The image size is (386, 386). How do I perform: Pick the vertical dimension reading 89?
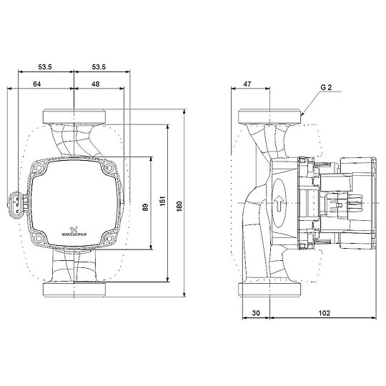coord(145,207)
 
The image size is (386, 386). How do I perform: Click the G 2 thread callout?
coord(326,86)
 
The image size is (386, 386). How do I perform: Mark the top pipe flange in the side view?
coord(269,117)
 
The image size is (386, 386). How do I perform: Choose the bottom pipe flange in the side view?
coord(269,289)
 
